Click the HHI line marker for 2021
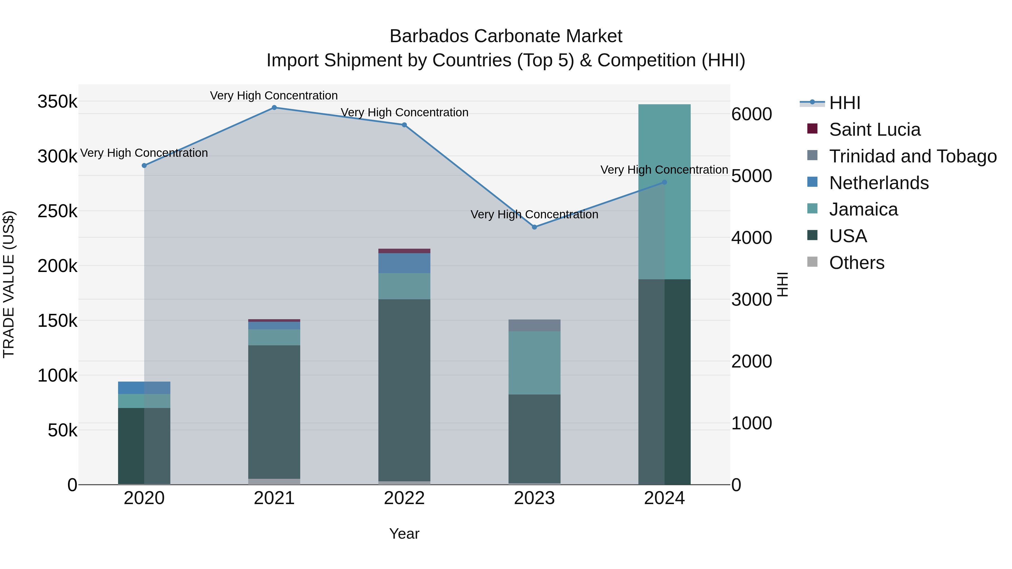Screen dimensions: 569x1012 [274, 108]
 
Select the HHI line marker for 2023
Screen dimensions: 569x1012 [534, 227]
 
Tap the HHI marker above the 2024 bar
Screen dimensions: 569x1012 [664, 182]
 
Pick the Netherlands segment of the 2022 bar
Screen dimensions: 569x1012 [404, 263]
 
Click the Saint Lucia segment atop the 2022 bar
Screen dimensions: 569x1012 [404, 251]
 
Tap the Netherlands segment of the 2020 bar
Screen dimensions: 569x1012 [144, 387]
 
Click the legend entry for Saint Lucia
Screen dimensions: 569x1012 [875, 130]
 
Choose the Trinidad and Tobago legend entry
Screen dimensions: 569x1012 [912, 156]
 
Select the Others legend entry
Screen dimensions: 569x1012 [857, 263]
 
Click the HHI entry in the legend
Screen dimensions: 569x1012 [845, 103]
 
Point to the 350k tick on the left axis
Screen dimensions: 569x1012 [57, 102]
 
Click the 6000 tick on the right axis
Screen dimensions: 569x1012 [751, 114]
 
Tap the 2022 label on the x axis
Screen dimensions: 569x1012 [404, 498]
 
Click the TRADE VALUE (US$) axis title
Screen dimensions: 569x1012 [9, 284]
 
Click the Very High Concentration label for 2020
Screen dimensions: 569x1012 [144, 153]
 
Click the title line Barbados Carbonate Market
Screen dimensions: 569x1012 [506, 36]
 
